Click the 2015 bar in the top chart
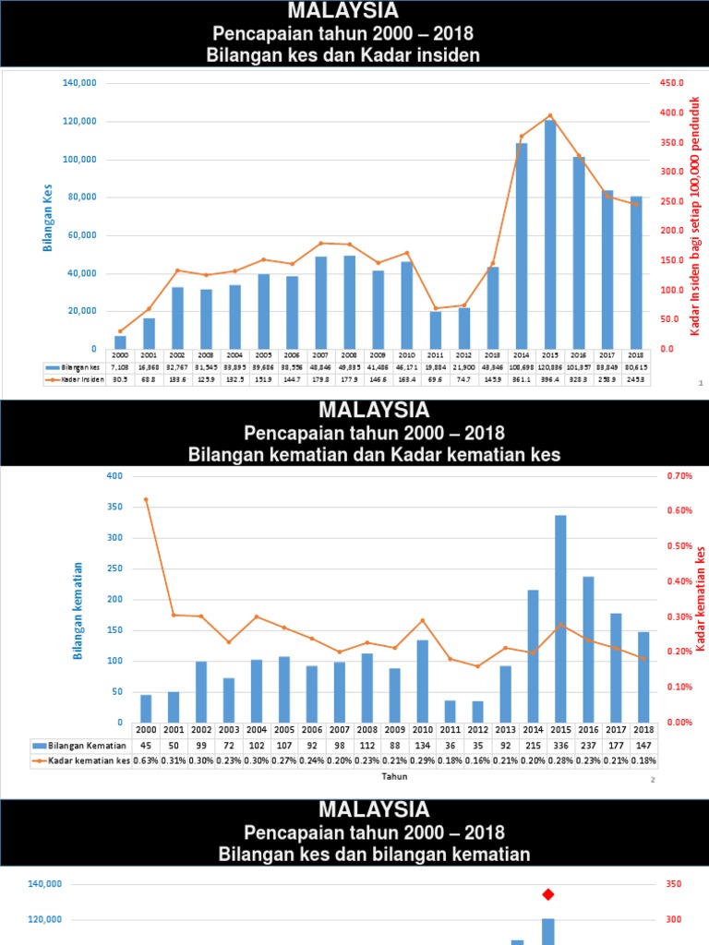549,234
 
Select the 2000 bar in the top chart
120,342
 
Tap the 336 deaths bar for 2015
560,618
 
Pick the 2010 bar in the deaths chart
423,681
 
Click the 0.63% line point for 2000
146,499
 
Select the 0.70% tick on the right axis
679,476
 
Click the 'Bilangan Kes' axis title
47,218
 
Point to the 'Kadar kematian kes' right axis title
700,598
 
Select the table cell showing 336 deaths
560,746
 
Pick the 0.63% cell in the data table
146,760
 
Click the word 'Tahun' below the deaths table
394,777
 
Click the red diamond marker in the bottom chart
548,893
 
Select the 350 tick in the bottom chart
673,884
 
